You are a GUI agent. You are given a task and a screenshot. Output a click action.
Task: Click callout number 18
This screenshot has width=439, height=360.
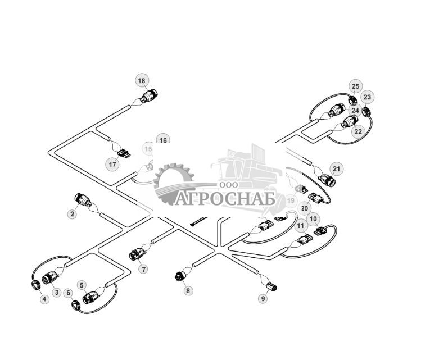tap(142, 81)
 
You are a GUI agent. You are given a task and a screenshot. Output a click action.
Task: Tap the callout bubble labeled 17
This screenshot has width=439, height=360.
tap(113, 165)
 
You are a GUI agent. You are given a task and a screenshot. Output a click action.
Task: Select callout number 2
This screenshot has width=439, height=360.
tap(73, 214)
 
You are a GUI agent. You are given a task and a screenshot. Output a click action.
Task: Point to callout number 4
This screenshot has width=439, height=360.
tap(44, 299)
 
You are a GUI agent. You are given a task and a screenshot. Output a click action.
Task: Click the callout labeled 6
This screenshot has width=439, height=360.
tap(69, 293)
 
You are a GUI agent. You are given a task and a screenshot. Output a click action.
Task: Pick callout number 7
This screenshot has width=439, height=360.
tap(144, 269)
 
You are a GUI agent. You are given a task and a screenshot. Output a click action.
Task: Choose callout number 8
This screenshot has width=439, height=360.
tap(188, 290)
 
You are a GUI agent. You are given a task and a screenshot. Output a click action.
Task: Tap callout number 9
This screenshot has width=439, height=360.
tap(263, 299)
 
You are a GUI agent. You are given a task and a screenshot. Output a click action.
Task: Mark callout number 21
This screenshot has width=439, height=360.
tap(336, 168)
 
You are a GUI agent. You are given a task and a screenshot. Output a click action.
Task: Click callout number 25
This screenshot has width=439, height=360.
tap(355, 86)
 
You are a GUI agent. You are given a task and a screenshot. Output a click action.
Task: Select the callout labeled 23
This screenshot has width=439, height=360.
tap(367, 97)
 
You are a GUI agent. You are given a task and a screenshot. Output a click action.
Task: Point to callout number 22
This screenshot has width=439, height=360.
tap(358, 131)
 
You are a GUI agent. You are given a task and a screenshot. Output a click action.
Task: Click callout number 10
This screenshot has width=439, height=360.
tap(313, 218)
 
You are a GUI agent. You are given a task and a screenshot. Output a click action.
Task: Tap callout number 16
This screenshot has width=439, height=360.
tap(162, 140)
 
